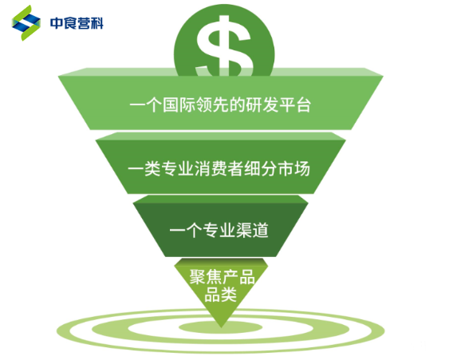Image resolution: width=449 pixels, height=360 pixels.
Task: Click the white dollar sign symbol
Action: coord(225,45)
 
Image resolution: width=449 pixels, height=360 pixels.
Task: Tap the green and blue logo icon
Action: coord(26,22)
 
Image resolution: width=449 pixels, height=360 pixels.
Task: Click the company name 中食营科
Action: coord(77,23)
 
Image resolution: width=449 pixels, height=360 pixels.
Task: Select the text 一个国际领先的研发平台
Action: coord(220,105)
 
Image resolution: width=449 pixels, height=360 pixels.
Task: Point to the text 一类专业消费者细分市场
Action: coord(219,168)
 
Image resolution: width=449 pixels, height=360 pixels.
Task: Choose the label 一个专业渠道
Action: coord(219,230)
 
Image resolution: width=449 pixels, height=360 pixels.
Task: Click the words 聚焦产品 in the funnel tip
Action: coord(222,277)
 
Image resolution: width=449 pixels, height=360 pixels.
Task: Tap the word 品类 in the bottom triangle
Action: coord(220,295)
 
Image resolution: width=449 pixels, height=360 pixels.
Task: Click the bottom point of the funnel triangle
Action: coord(221,327)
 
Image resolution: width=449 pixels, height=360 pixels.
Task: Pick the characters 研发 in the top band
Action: coord(262,105)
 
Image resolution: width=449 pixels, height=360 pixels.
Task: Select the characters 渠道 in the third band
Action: coord(252,230)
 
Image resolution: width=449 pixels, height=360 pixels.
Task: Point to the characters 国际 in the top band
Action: coord(179,105)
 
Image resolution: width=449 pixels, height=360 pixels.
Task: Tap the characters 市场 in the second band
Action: coord(294,168)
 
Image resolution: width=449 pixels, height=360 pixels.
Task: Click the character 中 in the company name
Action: coord(56,23)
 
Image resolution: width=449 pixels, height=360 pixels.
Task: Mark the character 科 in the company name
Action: coord(96,23)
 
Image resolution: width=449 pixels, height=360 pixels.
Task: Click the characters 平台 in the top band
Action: coord(295,105)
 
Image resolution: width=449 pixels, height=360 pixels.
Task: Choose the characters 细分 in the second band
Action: coord(261,168)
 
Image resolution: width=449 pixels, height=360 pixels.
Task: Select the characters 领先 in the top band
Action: coord(212,105)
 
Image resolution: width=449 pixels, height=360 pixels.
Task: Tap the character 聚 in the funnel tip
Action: coord(197,277)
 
